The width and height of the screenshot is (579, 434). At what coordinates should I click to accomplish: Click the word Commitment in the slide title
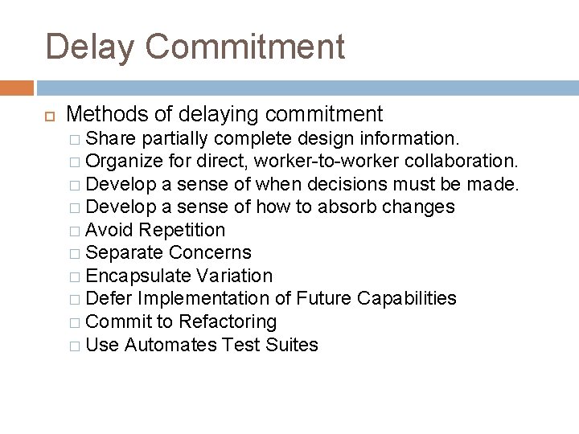click(251, 47)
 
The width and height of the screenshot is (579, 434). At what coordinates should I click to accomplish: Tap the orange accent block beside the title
click(16, 87)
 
